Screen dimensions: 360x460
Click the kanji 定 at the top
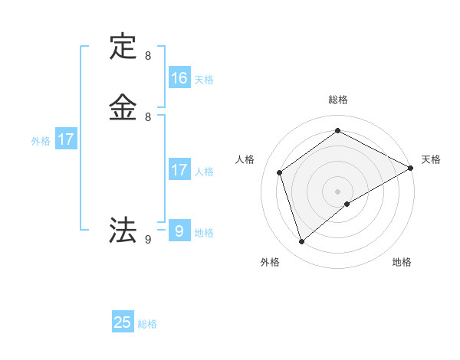123,47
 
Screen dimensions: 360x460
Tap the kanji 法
123,230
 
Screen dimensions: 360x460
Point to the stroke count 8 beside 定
148,56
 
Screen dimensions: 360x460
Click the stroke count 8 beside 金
148,117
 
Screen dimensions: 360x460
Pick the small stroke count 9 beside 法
148,240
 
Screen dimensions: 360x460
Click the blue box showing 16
179,78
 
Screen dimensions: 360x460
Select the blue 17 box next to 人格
179,170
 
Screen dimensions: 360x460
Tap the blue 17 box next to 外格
66,139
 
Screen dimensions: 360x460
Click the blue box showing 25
123,322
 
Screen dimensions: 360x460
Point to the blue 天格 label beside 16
204,80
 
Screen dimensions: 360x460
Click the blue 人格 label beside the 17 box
204,172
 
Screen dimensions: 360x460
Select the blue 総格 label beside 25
147,324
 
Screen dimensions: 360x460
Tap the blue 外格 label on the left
41,141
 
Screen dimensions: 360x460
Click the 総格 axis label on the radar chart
338,100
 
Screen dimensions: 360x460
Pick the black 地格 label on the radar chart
402,262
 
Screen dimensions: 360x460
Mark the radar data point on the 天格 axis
411,168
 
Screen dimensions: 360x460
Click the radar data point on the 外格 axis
301,242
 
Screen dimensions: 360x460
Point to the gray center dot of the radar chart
338,191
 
